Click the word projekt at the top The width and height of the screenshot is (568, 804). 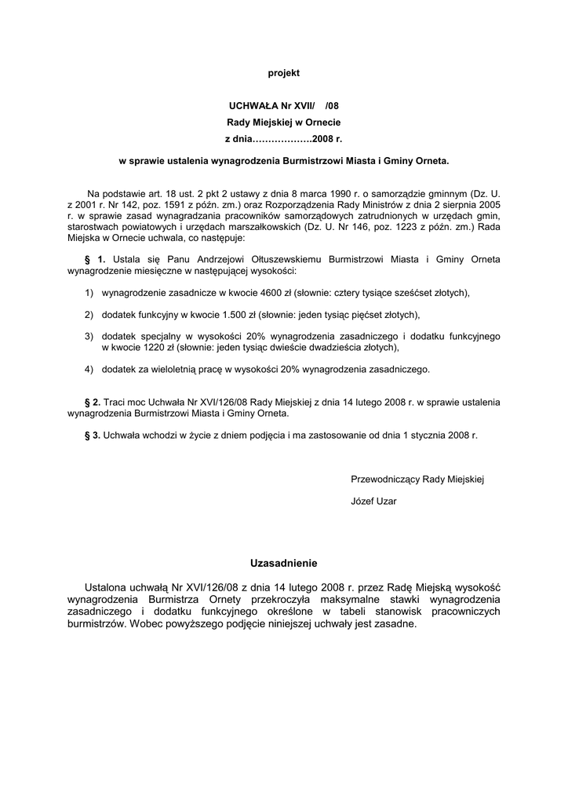[x=284, y=73]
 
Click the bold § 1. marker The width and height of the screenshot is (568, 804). [x=95, y=259]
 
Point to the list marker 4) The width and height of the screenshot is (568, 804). [x=89, y=369]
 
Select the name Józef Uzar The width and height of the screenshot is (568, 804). [x=373, y=501]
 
